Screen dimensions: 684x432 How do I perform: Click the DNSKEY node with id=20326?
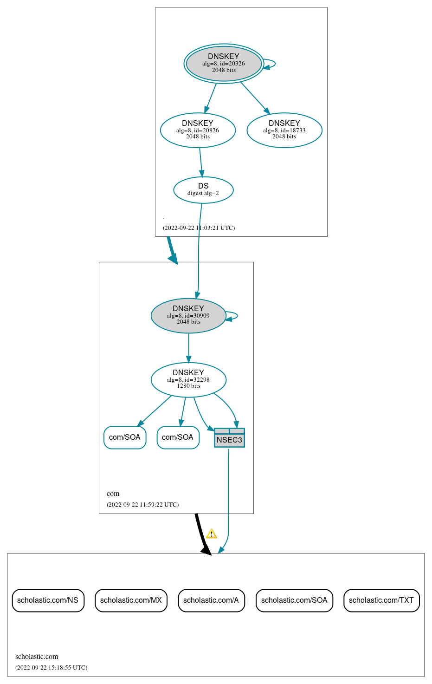[224, 63]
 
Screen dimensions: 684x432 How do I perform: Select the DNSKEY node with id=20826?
[198, 130]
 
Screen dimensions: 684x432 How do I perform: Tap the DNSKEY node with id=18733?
[284, 130]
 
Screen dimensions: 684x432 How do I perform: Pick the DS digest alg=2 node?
[203, 189]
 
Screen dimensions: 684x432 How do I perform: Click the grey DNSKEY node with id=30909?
[188, 315]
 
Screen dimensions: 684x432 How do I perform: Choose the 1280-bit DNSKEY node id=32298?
[188, 379]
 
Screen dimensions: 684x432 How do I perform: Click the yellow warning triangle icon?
[212, 534]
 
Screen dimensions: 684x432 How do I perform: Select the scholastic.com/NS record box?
[48, 600]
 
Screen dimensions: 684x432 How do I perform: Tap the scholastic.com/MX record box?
[131, 600]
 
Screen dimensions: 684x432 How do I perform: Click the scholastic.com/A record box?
[211, 600]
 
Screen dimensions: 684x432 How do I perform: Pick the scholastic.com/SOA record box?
[294, 600]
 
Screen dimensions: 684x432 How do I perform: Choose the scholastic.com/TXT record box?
[381, 600]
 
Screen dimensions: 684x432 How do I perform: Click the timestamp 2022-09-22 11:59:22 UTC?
[142, 504]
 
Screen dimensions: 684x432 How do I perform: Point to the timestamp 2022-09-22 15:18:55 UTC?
[51, 667]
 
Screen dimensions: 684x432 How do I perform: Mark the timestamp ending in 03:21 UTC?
[199, 228]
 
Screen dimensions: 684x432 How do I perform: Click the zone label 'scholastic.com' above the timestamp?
[37, 656]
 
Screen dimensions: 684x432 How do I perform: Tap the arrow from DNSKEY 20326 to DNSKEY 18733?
[255, 98]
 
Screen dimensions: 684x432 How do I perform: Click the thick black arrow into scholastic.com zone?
[201, 534]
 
